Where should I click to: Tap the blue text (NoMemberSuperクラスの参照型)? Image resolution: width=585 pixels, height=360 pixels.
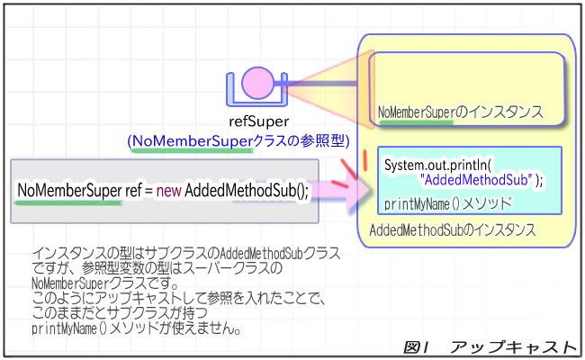[x=235, y=141]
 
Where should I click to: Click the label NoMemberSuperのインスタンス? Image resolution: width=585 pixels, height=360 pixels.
[x=461, y=112]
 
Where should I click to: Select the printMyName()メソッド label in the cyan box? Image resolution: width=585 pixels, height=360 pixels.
[x=446, y=202]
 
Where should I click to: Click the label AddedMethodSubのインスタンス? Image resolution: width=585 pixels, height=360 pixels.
[x=453, y=230]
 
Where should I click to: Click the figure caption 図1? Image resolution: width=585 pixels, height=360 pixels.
[x=421, y=346]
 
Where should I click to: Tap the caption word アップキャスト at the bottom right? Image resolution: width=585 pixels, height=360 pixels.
[x=512, y=346]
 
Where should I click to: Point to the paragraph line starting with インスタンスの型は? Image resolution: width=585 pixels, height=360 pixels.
[x=185, y=255]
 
